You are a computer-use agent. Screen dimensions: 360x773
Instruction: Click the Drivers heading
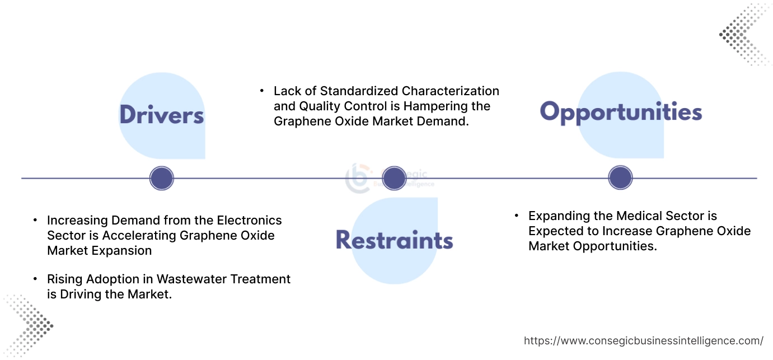click(x=161, y=115)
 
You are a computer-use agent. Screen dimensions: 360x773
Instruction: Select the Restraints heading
click(x=394, y=240)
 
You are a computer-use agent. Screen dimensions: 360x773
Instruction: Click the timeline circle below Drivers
click(x=162, y=179)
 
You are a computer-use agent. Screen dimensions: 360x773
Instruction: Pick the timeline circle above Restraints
click(x=393, y=178)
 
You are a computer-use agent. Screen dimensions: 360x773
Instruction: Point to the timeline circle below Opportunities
click(x=620, y=178)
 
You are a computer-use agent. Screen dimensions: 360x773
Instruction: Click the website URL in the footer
click(x=643, y=340)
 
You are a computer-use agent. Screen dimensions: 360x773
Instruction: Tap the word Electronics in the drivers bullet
click(x=249, y=220)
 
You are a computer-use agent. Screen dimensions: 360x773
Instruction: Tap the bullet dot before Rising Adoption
click(x=36, y=279)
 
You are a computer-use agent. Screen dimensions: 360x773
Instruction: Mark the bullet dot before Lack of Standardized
click(x=262, y=91)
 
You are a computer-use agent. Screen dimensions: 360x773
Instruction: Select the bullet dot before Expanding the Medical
click(x=517, y=216)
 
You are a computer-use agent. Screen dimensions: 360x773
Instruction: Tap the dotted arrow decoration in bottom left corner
click(x=28, y=325)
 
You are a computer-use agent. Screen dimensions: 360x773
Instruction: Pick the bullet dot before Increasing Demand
click(x=36, y=220)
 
